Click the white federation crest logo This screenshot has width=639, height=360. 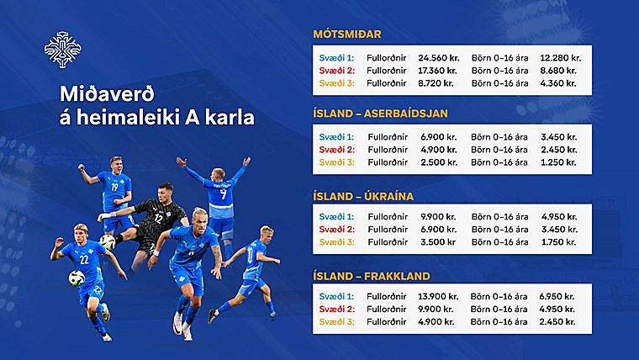point(63,50)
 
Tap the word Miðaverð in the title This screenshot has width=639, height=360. point(107,93)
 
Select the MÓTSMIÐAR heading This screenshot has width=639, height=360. point(347,34)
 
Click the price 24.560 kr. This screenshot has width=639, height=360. point(439,58)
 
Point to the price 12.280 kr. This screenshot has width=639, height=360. point(560,58)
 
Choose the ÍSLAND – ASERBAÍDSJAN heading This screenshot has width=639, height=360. point(380,114)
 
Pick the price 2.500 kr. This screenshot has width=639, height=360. point(439,162)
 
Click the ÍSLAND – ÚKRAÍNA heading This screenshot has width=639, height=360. point(363,197)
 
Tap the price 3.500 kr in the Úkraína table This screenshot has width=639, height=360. point(438,241)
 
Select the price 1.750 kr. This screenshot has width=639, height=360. point(559,241)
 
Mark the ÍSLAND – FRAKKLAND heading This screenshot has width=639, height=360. point(372,276)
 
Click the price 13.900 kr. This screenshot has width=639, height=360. point(438,296)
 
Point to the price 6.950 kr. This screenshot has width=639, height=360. point(557,296)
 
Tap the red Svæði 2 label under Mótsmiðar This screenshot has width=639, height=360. point(337,71)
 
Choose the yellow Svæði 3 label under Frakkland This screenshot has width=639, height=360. point(337,321)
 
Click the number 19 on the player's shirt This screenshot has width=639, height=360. point(114,187)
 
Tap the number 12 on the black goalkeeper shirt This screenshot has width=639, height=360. point(158,218)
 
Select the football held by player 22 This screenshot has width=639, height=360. point(77,278)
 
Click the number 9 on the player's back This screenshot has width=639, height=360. point(224,194)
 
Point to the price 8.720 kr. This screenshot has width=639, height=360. point(436,83)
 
